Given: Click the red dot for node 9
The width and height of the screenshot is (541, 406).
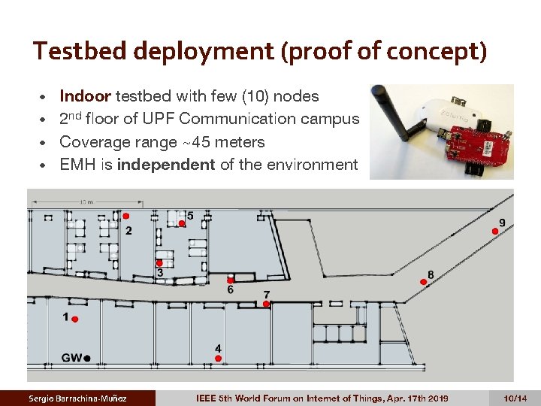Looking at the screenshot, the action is (495, 231).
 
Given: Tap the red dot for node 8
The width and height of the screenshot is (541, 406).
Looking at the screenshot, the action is (424, 282).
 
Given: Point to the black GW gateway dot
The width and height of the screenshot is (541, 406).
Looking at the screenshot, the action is (87, 358).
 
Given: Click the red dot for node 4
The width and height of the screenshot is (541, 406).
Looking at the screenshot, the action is (218, 359).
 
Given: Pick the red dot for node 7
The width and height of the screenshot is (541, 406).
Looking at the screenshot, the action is (267, 304).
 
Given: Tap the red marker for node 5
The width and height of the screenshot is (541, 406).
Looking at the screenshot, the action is (182, 223).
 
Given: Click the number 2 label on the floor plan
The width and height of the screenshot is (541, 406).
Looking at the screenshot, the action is (128, 230).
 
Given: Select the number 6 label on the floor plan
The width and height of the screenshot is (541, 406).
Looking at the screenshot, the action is (230, 289).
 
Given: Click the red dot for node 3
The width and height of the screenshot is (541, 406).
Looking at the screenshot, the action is (159, 263).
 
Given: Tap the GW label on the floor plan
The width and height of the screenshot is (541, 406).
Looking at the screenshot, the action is (72, 358).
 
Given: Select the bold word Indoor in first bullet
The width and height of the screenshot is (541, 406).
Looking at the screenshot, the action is (85, 96).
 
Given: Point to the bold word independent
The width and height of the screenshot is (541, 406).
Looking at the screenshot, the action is (166, 164).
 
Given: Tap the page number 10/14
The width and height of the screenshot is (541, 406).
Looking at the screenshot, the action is (515, 397).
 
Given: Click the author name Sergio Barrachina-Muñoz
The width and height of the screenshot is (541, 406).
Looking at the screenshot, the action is (77, 397).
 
